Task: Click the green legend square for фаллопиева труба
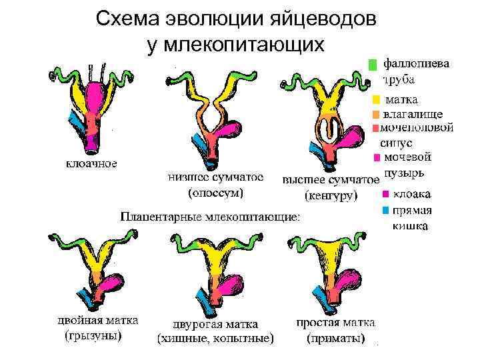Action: coord(373,65)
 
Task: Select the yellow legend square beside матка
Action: coord(376,100)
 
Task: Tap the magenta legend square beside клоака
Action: coord(385,195)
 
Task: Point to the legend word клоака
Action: coord(411,195)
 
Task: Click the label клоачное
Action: coord(91,163)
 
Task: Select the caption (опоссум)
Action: coord(215,194)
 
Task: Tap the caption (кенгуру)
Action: coord(331,196)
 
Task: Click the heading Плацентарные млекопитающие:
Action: coord(210,217)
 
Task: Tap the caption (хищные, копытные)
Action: coord(215,339)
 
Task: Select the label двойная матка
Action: coord(97,321)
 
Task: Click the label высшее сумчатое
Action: coord(331,181)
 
